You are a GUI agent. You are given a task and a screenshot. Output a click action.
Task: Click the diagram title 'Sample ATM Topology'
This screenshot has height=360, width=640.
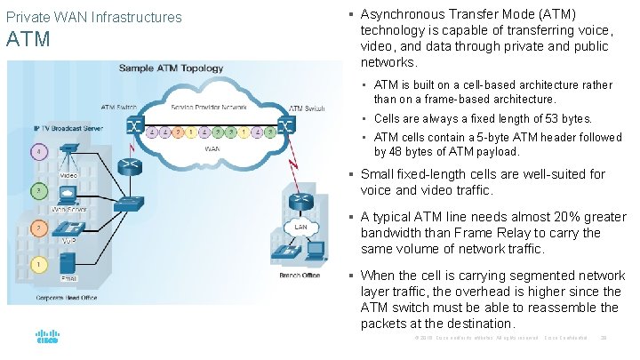[x=173, y=68]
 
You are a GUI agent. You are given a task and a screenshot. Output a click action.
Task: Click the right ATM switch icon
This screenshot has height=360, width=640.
[x=285, y=125]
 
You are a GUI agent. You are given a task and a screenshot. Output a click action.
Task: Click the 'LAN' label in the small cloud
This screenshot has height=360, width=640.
[x=301, y=227]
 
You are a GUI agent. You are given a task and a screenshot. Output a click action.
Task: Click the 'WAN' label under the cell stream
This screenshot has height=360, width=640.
[x=212, y=149]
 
